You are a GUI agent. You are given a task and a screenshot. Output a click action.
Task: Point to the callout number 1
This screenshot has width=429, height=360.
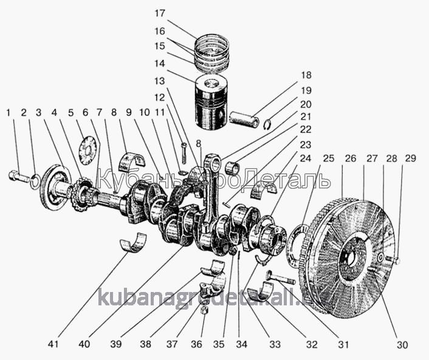9,112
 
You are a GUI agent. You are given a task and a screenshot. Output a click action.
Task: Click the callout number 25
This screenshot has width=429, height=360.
329,158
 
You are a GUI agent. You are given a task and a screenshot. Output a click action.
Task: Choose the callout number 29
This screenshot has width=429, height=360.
411,158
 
